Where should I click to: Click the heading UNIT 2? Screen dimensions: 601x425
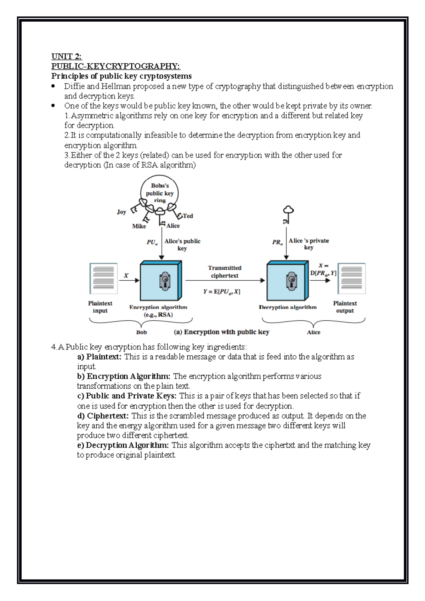[x=66, y=56]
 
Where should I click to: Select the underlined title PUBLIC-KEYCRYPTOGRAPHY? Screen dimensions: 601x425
[x=115, y=66]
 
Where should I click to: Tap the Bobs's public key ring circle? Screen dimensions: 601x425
[x=159, y=193]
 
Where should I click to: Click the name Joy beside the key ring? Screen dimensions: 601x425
[x=121, y=212]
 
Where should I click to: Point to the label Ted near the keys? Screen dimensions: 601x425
[x=188, y=216]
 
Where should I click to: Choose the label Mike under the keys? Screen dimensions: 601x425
[x=139, y=226]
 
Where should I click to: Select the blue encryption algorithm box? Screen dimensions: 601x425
[x=161, y=281]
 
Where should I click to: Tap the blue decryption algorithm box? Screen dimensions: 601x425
[x=287, y=281]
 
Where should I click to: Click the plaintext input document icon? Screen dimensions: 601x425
[x=103, y=278]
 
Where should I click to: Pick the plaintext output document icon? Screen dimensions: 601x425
[x=351, y=278]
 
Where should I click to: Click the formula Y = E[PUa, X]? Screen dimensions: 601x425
[x=222, y=292]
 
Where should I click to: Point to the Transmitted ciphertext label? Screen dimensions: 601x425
[x=225, y=271]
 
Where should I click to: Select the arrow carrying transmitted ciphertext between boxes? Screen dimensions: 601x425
[x=225, y=281]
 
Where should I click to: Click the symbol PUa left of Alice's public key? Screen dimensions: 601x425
[x=152, y=242]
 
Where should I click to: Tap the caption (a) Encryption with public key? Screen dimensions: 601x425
[x=221, y=332]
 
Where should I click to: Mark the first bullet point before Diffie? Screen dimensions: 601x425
[x=53, y=86]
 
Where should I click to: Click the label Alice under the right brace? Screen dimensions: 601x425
[x=313, y=332]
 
